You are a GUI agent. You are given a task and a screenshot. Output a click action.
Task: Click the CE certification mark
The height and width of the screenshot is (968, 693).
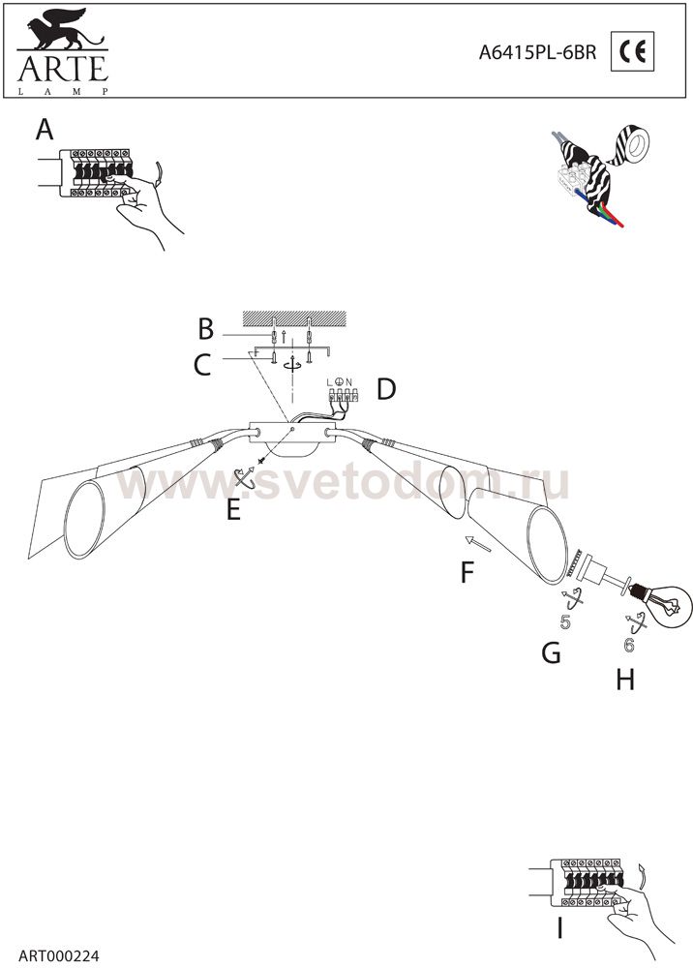(633, 52)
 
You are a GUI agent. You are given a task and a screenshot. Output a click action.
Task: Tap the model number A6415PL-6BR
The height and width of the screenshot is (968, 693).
(537, 53)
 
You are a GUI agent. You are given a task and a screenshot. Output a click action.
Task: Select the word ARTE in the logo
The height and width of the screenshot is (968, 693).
(63, 69)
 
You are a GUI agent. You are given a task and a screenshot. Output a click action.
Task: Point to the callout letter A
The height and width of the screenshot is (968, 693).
(45, 130)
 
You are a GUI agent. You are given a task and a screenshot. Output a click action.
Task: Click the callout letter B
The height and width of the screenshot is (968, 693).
(205, 329)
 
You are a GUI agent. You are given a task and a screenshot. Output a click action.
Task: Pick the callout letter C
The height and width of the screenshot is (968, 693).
(202, 364)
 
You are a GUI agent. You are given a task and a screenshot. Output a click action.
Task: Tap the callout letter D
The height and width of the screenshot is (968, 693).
(386, 389)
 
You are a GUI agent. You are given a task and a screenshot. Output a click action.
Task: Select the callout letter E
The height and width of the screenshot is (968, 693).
(233, 510)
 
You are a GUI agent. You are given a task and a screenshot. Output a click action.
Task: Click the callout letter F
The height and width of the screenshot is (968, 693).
(467, 572)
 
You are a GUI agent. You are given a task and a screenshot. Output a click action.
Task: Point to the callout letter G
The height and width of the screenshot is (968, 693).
(551, 651)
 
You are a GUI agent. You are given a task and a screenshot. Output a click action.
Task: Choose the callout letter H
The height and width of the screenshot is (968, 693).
(625, 680)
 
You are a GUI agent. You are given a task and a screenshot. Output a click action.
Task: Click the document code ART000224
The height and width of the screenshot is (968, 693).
(59, 956)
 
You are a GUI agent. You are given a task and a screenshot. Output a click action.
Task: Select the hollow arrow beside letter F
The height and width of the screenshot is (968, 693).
(479, 543)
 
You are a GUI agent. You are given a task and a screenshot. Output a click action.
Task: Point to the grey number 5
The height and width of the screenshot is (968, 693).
(565, 622)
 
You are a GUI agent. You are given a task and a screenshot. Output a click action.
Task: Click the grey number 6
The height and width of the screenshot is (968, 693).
(629, 645)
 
